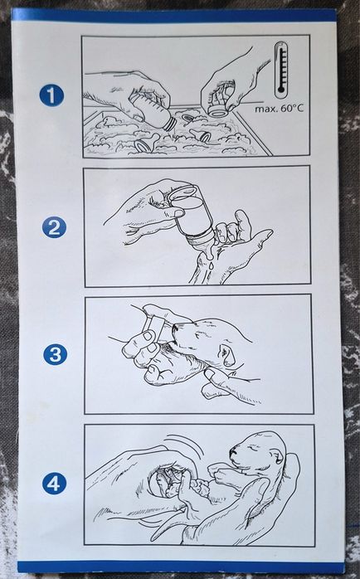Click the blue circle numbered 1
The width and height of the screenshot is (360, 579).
coord(51,95)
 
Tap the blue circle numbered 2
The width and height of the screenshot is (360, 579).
coord(54,226)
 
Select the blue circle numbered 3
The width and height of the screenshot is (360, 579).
coord(56,354)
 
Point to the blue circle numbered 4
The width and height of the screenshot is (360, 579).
coord(54,483)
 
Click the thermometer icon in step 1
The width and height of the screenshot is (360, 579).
coord(281,70)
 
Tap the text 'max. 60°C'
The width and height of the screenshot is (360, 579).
coord(280,109)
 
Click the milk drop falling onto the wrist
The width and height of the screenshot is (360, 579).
coord(211,265)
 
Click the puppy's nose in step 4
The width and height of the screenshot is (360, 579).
coord(233,451)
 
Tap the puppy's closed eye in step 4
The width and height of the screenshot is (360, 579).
coord(251,447)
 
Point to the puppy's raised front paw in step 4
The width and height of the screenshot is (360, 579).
coord(219,471)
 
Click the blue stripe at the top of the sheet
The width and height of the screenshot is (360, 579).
coord(173,16)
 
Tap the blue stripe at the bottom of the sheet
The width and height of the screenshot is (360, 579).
coord(180,567)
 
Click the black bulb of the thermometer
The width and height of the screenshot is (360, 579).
coord(280,90)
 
